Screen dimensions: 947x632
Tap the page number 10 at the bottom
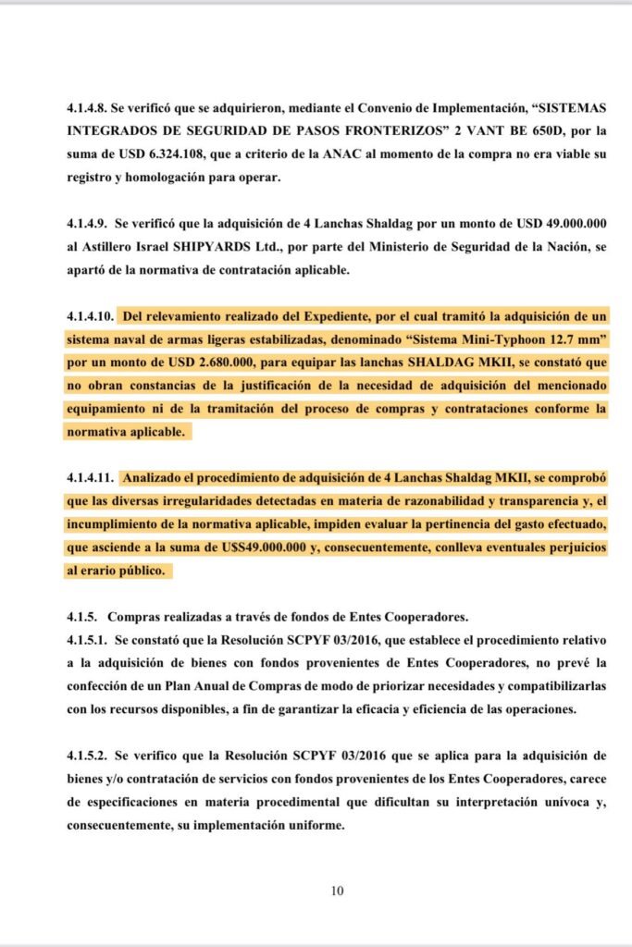pyautogui.click(x=337, y=892)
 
